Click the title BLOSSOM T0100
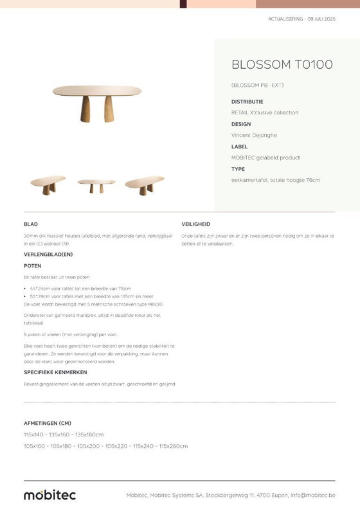click(x=282, y=65)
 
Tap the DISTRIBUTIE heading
click(x=247, y=102)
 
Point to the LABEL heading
click(x=239, y=147)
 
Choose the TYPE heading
click(x=238, y=169)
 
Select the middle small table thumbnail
click(x=96, y=185)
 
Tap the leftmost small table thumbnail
click(x=48, y=184)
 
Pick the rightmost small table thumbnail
click(x=145, y=184)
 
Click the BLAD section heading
click(x=30, y=224)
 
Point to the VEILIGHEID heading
click(x=195, y=224)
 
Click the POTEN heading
click(x=32, y=265)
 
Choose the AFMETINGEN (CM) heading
click(x=47, y=424)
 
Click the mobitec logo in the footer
click(x=50, y=494)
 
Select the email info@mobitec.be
click(x=312, y=495)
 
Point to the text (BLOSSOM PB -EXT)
click(x=257, y=85)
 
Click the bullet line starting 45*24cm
click(x=81, y=289)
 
